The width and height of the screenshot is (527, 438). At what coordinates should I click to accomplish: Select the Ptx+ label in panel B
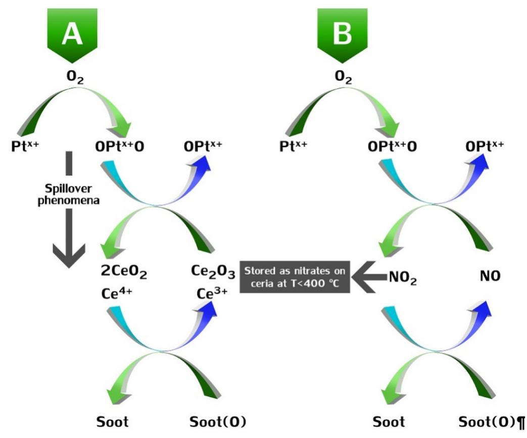296,147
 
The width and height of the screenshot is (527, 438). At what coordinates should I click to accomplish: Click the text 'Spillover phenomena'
69,192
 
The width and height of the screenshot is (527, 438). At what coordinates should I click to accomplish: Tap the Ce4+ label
117,293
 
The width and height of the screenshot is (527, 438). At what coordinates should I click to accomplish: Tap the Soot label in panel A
112,421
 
